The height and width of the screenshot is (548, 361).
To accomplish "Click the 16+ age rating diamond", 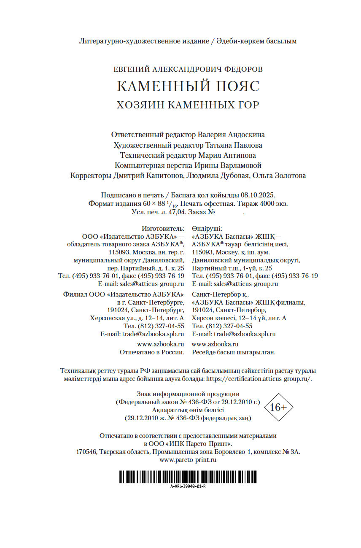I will click(278, 408).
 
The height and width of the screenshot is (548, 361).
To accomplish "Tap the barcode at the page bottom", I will click(188, 477).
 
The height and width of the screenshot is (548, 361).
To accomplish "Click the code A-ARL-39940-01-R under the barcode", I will click(188, 486).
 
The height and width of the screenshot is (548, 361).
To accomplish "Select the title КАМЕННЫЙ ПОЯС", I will click(188, 86).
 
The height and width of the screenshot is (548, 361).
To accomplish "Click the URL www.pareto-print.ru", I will click(188, 460).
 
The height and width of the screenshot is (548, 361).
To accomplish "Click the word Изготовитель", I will click(163, 228).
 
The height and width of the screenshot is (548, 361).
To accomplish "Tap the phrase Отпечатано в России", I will click(152, 352).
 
